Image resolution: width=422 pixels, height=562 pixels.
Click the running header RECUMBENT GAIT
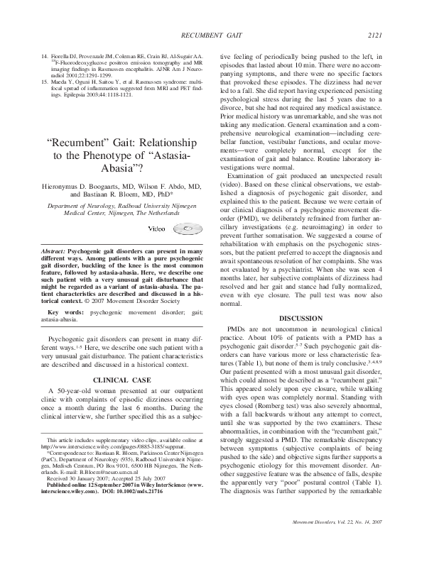[x=212, y=14]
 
